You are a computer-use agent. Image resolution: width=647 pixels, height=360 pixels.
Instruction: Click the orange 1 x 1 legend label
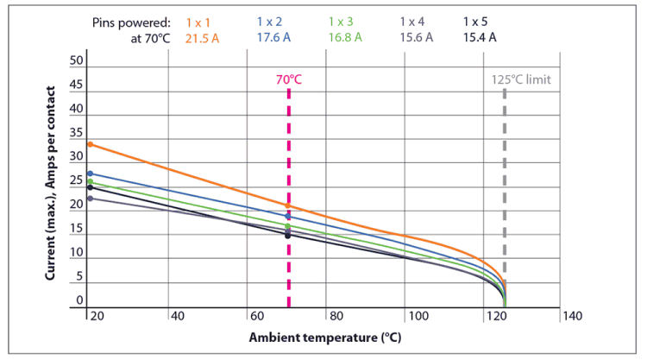200,20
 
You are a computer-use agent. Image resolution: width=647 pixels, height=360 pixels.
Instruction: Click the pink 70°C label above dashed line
289,79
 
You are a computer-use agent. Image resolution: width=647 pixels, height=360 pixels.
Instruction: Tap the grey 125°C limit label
520,79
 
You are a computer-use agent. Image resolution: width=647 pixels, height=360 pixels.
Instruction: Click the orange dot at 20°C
90,144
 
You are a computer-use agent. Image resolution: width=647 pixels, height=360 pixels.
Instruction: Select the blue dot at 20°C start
90,174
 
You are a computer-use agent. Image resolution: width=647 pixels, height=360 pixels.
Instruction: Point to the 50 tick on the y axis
77,61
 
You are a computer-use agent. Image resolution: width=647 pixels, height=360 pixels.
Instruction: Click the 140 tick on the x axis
572,316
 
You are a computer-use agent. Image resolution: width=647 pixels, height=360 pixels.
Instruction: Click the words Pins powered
131,20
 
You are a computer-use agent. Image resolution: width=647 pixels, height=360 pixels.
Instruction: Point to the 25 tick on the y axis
77,181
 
